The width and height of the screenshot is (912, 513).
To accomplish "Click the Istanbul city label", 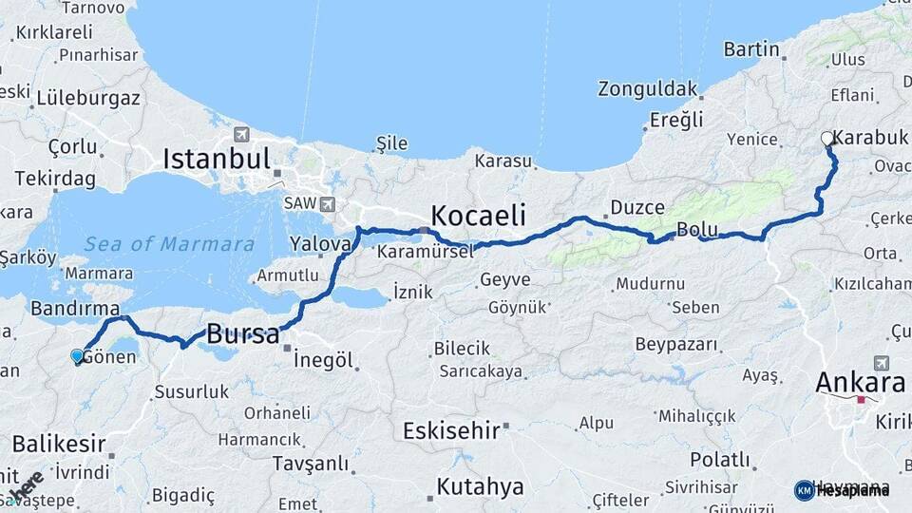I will click(x=217, y=159).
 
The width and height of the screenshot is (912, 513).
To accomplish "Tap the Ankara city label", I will click(x=860, y=383).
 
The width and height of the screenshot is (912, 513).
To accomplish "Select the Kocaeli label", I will click(x=478, y=213).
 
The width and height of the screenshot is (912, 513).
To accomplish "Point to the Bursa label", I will click(x=242, y=334).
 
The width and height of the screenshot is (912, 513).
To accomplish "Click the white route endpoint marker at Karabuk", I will click(x=827, y=139).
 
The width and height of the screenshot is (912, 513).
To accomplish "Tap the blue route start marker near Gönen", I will click(x=77, y=356).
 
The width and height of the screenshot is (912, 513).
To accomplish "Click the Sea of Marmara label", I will click(x=169, y=244).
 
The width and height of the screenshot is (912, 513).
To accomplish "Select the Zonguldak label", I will click(x=647, y=89).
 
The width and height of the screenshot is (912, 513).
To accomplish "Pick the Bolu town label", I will click(x=697, y=230).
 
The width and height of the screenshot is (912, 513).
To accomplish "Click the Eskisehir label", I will click(x=451, y=431).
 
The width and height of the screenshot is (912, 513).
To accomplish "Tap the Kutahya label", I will click(x=480, y=487).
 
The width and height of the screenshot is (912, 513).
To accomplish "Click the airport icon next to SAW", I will click(x=327, y=203).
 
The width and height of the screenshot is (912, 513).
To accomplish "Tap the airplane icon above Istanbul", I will click(x=239, y=135).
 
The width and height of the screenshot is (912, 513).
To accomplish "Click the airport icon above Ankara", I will click(x=880, y=363).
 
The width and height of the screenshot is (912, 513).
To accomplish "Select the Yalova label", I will click(x=320, y=244).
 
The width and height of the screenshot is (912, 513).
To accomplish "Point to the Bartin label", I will click(x=751, y=48).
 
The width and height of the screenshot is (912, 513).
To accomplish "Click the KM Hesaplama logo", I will click(x=841, y=490).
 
